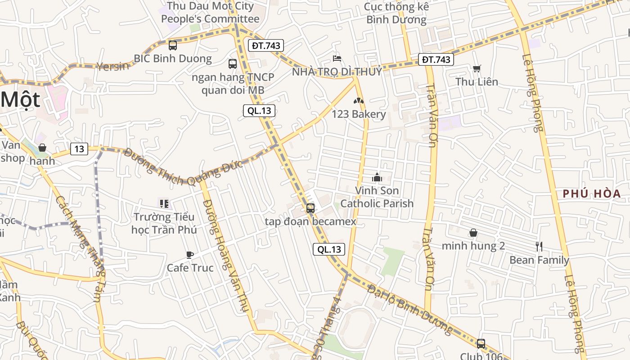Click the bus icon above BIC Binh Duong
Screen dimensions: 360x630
[x=173, y=45]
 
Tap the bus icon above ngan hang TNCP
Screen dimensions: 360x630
[x=232, y=64]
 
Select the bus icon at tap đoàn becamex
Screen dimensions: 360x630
[x=310, y=208]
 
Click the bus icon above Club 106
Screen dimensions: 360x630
[x=481, y=344]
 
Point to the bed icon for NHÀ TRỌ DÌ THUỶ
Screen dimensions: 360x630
[x=337, y=58]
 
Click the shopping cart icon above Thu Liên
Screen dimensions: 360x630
[x=477, y=68]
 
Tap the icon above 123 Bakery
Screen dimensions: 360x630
[x=359, y=101]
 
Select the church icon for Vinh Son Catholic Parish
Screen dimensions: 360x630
[x=377, y=177]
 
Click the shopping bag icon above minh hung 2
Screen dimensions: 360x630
[x=473, y=233]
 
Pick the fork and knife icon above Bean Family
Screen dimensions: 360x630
[x=539, y=247]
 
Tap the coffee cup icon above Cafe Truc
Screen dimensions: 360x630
[x=190, y=255]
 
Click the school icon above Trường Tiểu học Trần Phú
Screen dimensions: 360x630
[x=164, y=204]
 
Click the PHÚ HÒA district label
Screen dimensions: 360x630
[x=592, y=194]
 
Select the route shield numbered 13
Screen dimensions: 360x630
[x=79, y=149]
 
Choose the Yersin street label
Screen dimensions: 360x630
[x=112, y=66]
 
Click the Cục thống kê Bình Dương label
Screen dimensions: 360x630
[x=396, y=13]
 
